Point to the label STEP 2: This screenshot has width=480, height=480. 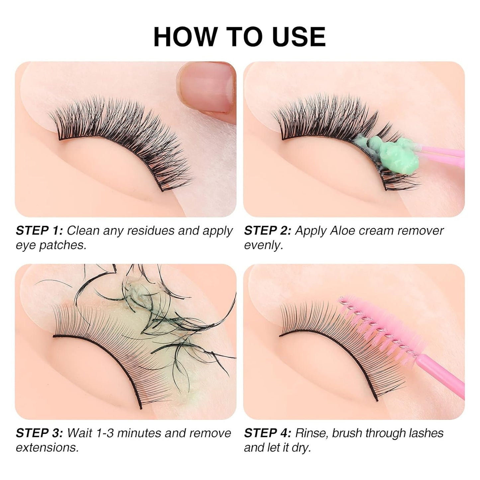267,231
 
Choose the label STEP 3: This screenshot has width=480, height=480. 39,433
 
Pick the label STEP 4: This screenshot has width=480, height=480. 267,433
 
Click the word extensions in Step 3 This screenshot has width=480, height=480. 47,448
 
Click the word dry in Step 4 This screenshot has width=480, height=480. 301,448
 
